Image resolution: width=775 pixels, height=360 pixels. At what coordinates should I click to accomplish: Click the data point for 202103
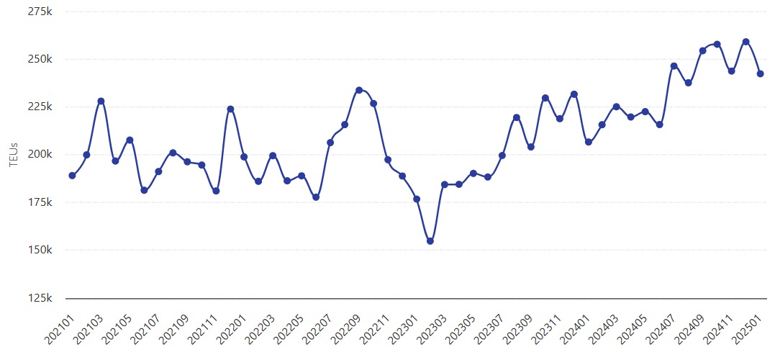101,102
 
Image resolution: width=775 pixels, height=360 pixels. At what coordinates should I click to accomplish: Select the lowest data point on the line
430,241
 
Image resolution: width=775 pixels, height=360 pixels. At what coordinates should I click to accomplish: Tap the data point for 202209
359,90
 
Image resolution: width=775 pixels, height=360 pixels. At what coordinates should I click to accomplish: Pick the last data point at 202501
760,73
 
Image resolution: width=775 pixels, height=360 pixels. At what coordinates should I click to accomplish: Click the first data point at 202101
72,176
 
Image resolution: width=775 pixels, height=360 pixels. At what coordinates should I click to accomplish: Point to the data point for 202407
674,66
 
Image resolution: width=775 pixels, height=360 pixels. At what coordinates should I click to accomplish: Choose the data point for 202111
216,191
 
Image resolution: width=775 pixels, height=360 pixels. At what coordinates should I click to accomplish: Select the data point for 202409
703,50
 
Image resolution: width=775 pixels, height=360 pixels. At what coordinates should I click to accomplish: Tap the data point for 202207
330,143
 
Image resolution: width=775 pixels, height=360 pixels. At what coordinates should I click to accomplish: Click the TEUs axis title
13,155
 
